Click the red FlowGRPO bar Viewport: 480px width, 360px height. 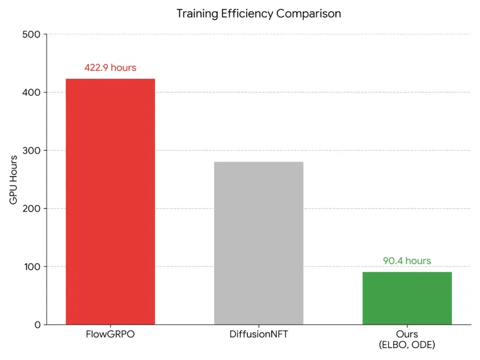[x=110, y=201]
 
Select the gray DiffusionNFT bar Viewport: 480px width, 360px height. [x=259, y=243]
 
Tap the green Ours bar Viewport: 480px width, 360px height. [x=407, y=298]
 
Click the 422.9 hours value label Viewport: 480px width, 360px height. [x=110, y=68]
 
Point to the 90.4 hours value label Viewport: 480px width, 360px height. [x=407, y=261]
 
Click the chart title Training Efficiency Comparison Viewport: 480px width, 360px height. [x=259, y=14]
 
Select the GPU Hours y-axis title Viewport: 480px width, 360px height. [x=14, y=180]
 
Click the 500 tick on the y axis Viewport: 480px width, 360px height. [x=32, y=34]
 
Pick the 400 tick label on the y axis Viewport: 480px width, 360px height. [x=32, y=92]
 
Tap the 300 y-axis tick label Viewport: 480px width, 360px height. [x=32, y=150]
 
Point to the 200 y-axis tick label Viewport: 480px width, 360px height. [x=32, y=209]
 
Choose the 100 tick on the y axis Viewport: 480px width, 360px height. [x=32, y=267]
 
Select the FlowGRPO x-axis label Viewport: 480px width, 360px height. [x=110, y=335]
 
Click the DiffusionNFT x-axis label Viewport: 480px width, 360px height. [x=259, y=335]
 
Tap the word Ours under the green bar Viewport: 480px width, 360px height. [x=407, y=335]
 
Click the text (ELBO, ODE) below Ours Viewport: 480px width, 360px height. [x=407, y=345]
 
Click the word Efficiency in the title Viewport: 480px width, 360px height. [x=247, y=14]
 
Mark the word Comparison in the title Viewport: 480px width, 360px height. [x=309, y=14]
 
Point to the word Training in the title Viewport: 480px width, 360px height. [x=198, y=14]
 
